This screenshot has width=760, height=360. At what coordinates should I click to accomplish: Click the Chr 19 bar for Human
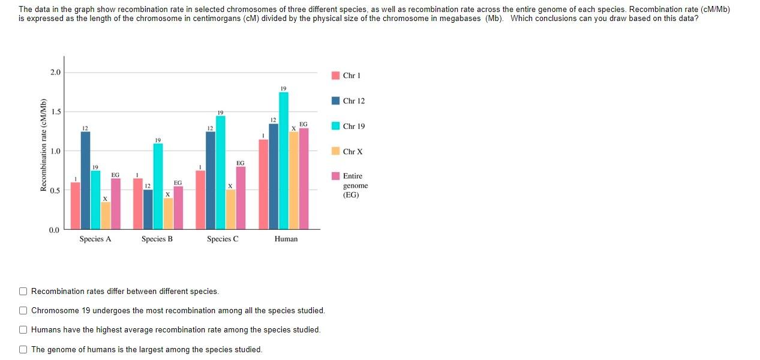click(284, 161)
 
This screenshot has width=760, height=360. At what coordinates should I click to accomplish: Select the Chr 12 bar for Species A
click(85, 180)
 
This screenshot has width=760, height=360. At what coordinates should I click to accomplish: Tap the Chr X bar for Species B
click(169, 214)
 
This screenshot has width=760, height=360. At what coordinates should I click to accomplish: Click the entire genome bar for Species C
click(241, 198)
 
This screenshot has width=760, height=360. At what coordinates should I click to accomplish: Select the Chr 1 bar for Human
click(263, 184)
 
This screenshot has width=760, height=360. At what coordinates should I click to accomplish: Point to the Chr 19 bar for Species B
click(158, 186)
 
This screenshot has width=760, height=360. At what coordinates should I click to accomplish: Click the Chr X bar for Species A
click(106, 215)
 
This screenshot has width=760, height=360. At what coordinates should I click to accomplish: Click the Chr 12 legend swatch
click(336, 101)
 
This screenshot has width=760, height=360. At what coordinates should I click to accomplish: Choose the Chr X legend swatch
click(336, 151)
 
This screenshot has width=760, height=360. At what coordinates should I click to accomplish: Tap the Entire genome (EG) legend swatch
click(336, 176)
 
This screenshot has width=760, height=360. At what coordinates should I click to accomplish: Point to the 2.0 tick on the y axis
click(55, 73)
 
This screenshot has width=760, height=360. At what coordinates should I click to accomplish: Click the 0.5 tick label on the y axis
click(55, 191)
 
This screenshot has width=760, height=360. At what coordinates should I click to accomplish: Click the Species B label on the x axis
click(157, 239)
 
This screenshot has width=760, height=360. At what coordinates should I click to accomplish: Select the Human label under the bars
click(286, 239)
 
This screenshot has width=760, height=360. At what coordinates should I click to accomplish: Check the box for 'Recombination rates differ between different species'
click(23, 292)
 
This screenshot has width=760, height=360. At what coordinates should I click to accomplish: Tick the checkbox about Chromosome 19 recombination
click(23, 311)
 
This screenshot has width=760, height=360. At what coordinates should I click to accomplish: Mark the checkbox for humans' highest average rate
click(23, 330)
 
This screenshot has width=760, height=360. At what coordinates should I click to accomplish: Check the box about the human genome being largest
click(23, 350)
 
